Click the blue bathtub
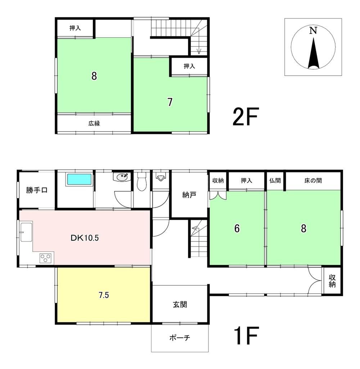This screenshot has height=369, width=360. click(79, 179)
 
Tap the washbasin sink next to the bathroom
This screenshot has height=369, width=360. click(121, 177)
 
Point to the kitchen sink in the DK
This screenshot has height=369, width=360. click(26, 231)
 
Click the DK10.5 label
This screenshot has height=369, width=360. click(85, 238)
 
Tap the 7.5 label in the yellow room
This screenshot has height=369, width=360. click(104, 295)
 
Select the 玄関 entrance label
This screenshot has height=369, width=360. click(180, 304)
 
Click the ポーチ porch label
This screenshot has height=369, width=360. click(180, 338)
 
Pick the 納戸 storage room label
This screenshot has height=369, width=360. click(189, 195)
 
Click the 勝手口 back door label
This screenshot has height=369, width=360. click(37, 190)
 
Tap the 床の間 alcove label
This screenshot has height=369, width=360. click(313, 181)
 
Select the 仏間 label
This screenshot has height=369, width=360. click(275, 181)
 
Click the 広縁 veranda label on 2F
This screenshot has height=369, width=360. click(94, 123)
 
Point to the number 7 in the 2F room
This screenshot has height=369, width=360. click(170, 102)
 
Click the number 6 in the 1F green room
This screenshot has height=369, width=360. click(237, 228)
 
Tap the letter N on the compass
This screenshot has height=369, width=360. click(313, 31)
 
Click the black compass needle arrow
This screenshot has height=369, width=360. click(313, 54)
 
